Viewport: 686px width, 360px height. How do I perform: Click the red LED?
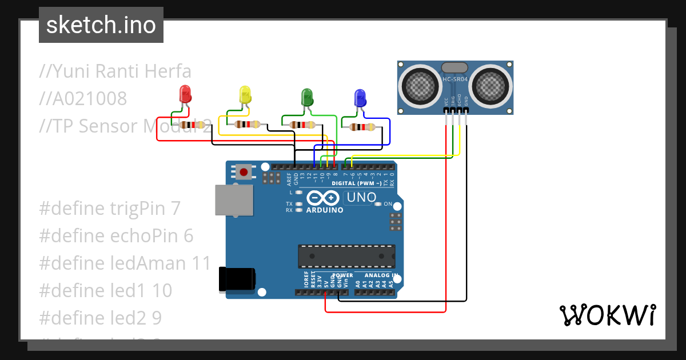click(x=185, y=94)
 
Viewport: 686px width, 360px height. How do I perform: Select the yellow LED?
click(x=245, y=95)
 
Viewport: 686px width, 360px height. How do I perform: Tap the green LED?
click(x=307, y=97)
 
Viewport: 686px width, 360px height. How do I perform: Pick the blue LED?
click(x=360, y=98)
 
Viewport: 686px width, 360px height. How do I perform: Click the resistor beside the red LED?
click(x=192, y=125)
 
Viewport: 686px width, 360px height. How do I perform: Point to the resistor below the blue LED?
click(x=362, y=127)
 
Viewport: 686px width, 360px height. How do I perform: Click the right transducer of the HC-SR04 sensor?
click(x=490, y=85)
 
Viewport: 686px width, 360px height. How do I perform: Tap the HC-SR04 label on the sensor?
click(x=455, y=79)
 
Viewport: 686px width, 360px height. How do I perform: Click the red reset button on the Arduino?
click(x=244, y=171)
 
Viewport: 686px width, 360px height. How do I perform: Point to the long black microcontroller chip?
click(x=346, y=256)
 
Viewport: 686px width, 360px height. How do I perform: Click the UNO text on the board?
click(x=360, y=198)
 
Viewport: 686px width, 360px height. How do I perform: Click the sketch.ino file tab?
click(x=101, y=25)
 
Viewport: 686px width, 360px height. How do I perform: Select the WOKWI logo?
click(x=607, y=315)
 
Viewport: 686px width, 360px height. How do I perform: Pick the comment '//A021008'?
click(x=83, y=99)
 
